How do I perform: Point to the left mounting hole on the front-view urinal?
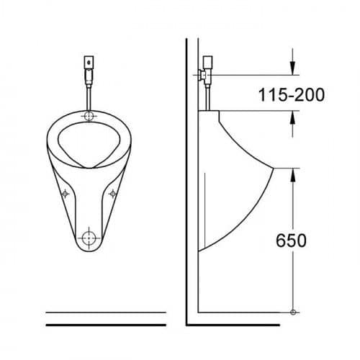(66, 193)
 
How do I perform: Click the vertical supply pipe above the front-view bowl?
(88, 90)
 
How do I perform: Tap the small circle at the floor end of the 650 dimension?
(292, 312)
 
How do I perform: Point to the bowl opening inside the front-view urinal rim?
(88, 140)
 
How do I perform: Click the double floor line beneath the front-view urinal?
(105, 316)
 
